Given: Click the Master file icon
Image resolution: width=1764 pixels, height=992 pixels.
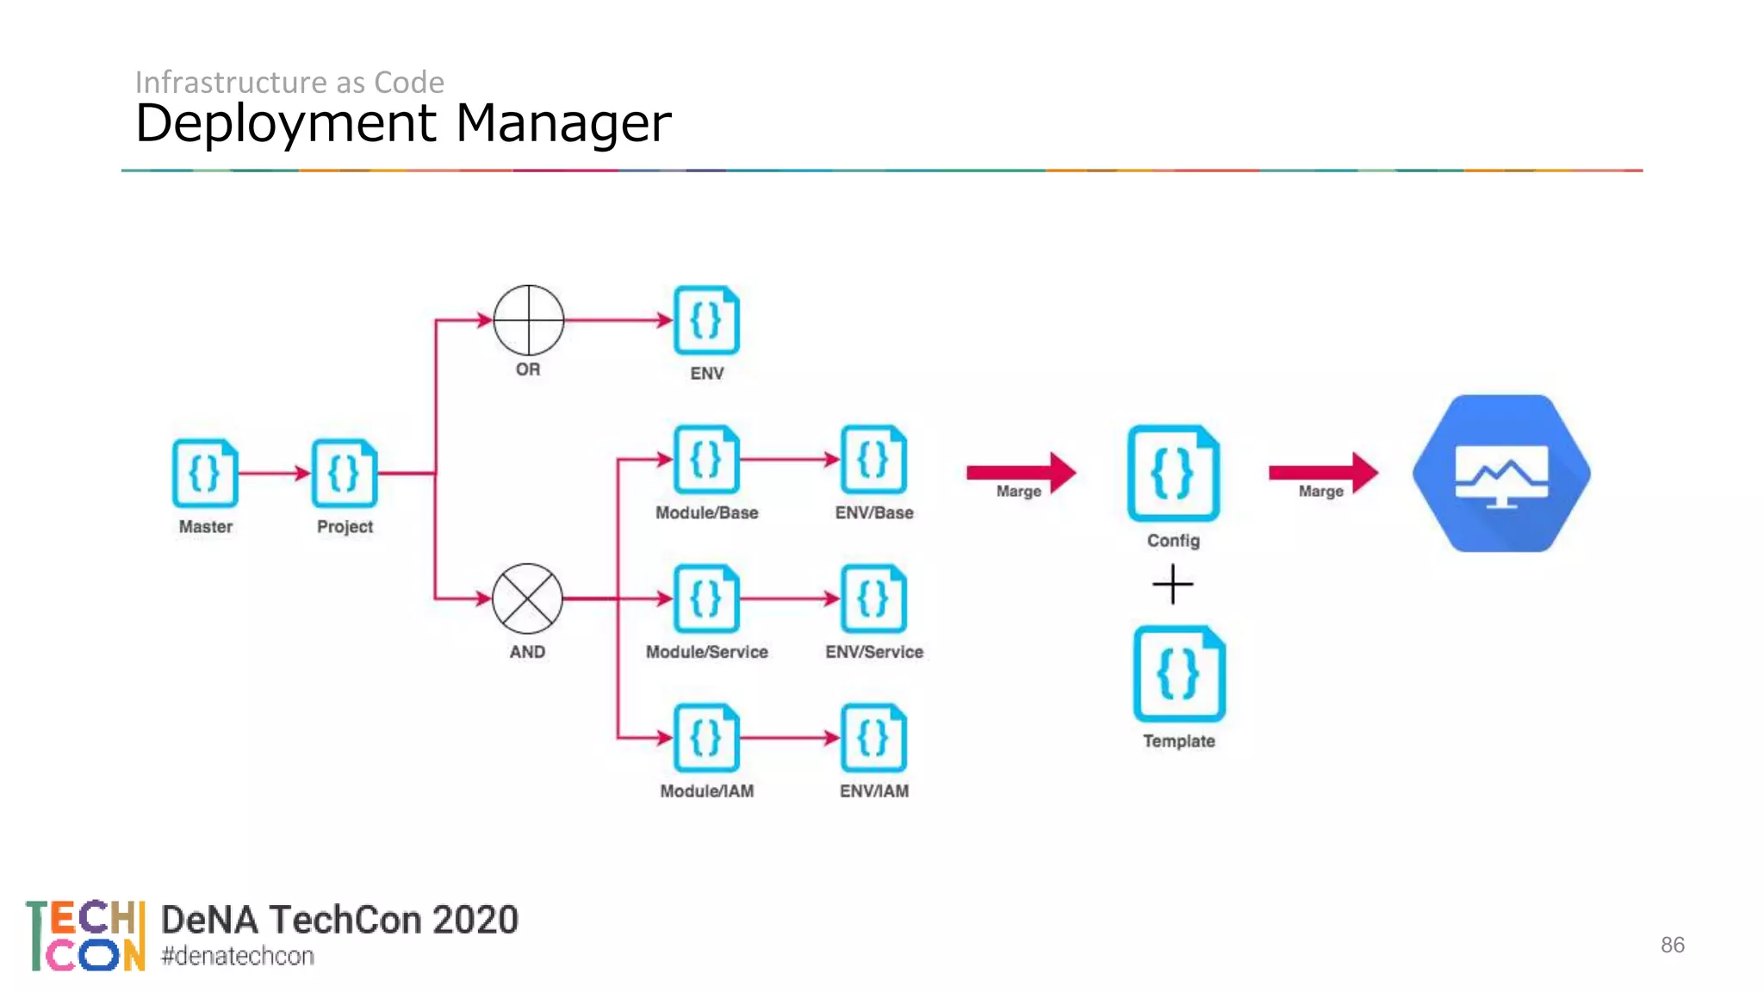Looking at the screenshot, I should click(205, 473).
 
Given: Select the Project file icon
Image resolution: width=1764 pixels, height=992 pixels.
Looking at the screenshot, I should click(345, 473).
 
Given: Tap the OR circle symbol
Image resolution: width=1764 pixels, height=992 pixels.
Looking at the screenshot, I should click(528, 319).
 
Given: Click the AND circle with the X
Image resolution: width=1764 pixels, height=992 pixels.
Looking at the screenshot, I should click(527, 598).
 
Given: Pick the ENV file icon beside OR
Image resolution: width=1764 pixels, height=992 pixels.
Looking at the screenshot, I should click(706, 319).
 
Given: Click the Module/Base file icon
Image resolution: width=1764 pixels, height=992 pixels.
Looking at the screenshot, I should click(706, 459).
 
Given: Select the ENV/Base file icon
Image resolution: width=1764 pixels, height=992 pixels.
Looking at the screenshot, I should click(873, 459).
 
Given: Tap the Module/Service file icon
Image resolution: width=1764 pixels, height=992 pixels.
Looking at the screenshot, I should click(706, 598).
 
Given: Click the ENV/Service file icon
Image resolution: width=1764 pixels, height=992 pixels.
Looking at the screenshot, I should click(873, 598).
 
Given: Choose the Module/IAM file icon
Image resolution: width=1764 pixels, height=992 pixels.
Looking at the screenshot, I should click(706, 738).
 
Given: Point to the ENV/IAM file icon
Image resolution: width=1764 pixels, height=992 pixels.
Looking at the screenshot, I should click(873, 738).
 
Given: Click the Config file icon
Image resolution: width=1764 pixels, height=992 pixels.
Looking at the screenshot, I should click(1173, 473).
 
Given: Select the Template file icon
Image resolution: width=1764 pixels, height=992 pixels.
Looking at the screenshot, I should click(1178, 673).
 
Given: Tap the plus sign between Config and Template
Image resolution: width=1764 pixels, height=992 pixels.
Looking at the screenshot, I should click(1172, 585).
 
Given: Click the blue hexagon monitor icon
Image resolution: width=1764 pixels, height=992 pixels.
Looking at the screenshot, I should click(1501, 474).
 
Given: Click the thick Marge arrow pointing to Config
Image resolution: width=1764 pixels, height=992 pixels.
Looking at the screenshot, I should click(1021, 472).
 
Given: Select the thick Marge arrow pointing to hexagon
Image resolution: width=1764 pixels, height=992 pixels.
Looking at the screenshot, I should click(1323, 472).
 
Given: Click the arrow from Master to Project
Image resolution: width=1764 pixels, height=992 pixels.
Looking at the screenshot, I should click(274, 473).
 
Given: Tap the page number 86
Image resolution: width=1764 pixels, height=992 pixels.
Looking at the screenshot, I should click(1672, 945).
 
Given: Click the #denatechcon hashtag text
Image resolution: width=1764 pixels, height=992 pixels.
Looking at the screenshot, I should click(238, 956).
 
